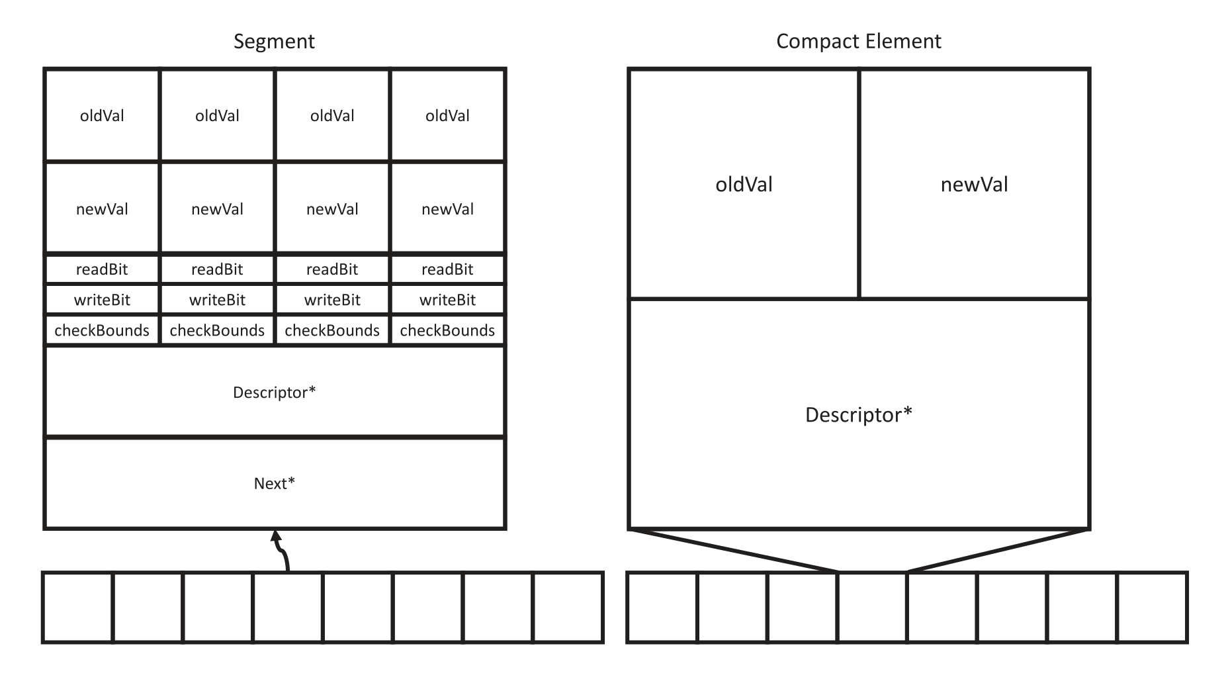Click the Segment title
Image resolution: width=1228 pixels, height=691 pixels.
click(274, 42)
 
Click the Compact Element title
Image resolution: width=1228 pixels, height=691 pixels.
click(858, 42)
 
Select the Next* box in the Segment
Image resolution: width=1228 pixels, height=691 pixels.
click(275, 483)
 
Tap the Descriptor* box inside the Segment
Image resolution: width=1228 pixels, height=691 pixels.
click(275, 392)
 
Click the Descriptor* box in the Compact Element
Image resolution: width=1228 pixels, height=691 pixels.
click(858, 414)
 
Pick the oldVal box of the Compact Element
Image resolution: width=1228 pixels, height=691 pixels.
click(744, 184)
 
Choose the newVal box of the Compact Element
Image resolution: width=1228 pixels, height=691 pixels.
click(974, 184)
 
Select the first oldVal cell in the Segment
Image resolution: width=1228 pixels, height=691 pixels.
click(102, 116)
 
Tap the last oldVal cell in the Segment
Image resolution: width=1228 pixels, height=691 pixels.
click(447, 116)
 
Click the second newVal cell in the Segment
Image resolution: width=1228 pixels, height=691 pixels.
click(217, 209)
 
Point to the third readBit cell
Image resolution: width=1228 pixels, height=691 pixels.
click(332, 269)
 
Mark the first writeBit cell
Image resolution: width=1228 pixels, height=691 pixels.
click(102, 300)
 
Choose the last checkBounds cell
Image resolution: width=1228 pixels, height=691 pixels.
click(447, 330)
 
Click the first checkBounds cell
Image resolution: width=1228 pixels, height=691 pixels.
click(102, 330)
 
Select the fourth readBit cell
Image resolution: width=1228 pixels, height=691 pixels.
click(447, 269)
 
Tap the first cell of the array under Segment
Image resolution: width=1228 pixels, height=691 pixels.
click(78, 607)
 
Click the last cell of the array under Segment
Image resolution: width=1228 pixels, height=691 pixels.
click(568, 607)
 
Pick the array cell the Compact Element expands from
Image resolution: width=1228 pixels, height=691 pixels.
click(872, 607)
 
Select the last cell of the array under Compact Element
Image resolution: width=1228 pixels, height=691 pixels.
click(1152, 607)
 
